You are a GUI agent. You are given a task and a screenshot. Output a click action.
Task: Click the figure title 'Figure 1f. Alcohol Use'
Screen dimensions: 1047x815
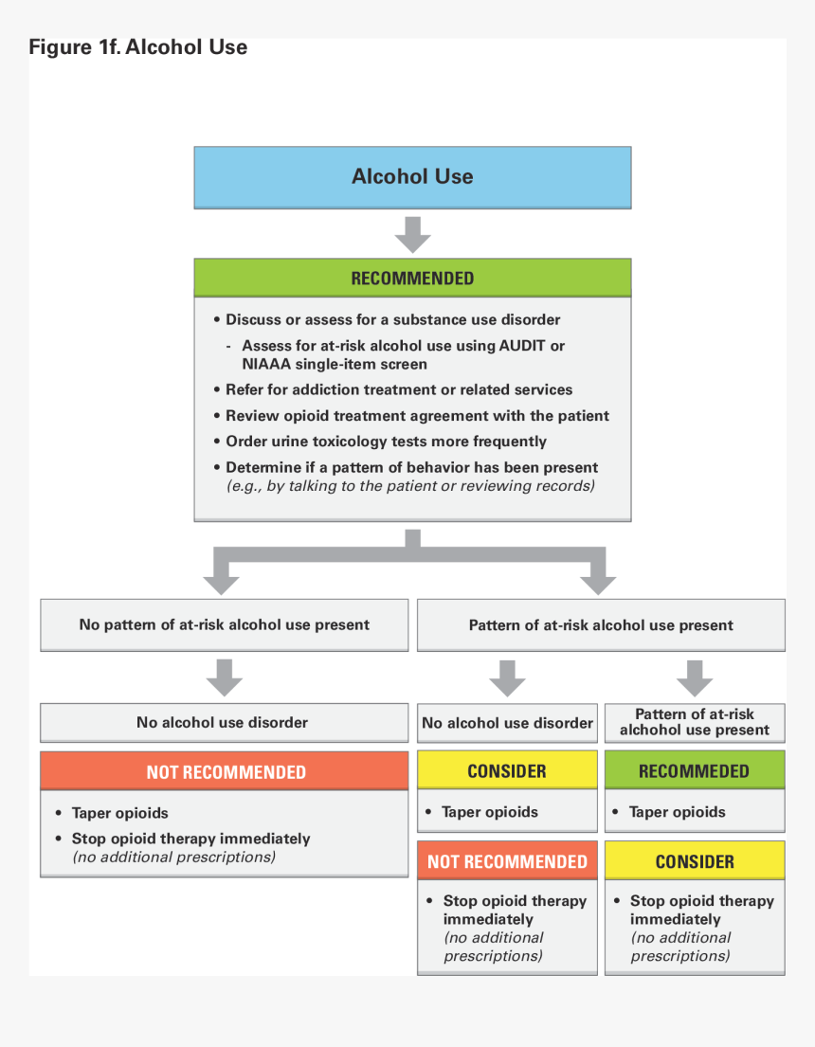click(x=138, y=47)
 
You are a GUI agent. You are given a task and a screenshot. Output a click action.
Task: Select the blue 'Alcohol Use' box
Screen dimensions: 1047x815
click(x=412, y=176)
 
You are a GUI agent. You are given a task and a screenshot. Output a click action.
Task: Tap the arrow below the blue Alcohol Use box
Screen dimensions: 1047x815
click(x=412, y=235)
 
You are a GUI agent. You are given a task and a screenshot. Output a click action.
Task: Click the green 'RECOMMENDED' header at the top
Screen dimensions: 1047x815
click(x=412, y=279)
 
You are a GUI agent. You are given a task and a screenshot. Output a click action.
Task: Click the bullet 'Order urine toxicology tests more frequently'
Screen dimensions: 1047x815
click(x=386, y=442)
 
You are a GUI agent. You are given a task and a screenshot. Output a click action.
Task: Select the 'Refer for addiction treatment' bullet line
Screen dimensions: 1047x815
click(x=398, y=389)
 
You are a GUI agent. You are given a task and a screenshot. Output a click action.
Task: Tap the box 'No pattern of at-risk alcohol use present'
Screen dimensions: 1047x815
click(x=224, y=625)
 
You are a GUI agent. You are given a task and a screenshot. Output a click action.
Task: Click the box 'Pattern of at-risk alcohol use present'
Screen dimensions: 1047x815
click(x=601, y=625)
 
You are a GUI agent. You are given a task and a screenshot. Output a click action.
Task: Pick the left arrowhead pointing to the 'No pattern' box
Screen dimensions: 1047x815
click(x=222, y=583)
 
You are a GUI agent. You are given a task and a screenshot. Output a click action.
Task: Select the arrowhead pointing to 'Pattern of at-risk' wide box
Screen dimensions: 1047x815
click(x=597, y=583)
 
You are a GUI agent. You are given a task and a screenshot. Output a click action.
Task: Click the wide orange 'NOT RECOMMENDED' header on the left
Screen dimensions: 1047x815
click(x=226, y=772)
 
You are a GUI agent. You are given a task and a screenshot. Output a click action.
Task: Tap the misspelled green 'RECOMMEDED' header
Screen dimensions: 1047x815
click(x=694, y=771)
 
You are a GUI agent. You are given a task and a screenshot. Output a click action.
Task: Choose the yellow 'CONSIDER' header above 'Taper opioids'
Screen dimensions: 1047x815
click(x=507, y=771)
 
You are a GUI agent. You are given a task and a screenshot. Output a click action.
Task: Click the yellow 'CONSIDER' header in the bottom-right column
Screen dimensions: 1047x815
click(x=694, y=861)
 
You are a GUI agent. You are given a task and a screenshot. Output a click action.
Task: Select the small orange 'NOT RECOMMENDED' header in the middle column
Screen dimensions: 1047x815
click(x=507, y=861)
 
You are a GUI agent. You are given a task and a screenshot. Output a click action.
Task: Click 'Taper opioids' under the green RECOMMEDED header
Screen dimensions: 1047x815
click(x=677, y=812)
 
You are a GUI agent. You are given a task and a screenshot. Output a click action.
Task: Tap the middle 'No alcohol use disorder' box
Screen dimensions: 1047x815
click(x=507, y=723)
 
